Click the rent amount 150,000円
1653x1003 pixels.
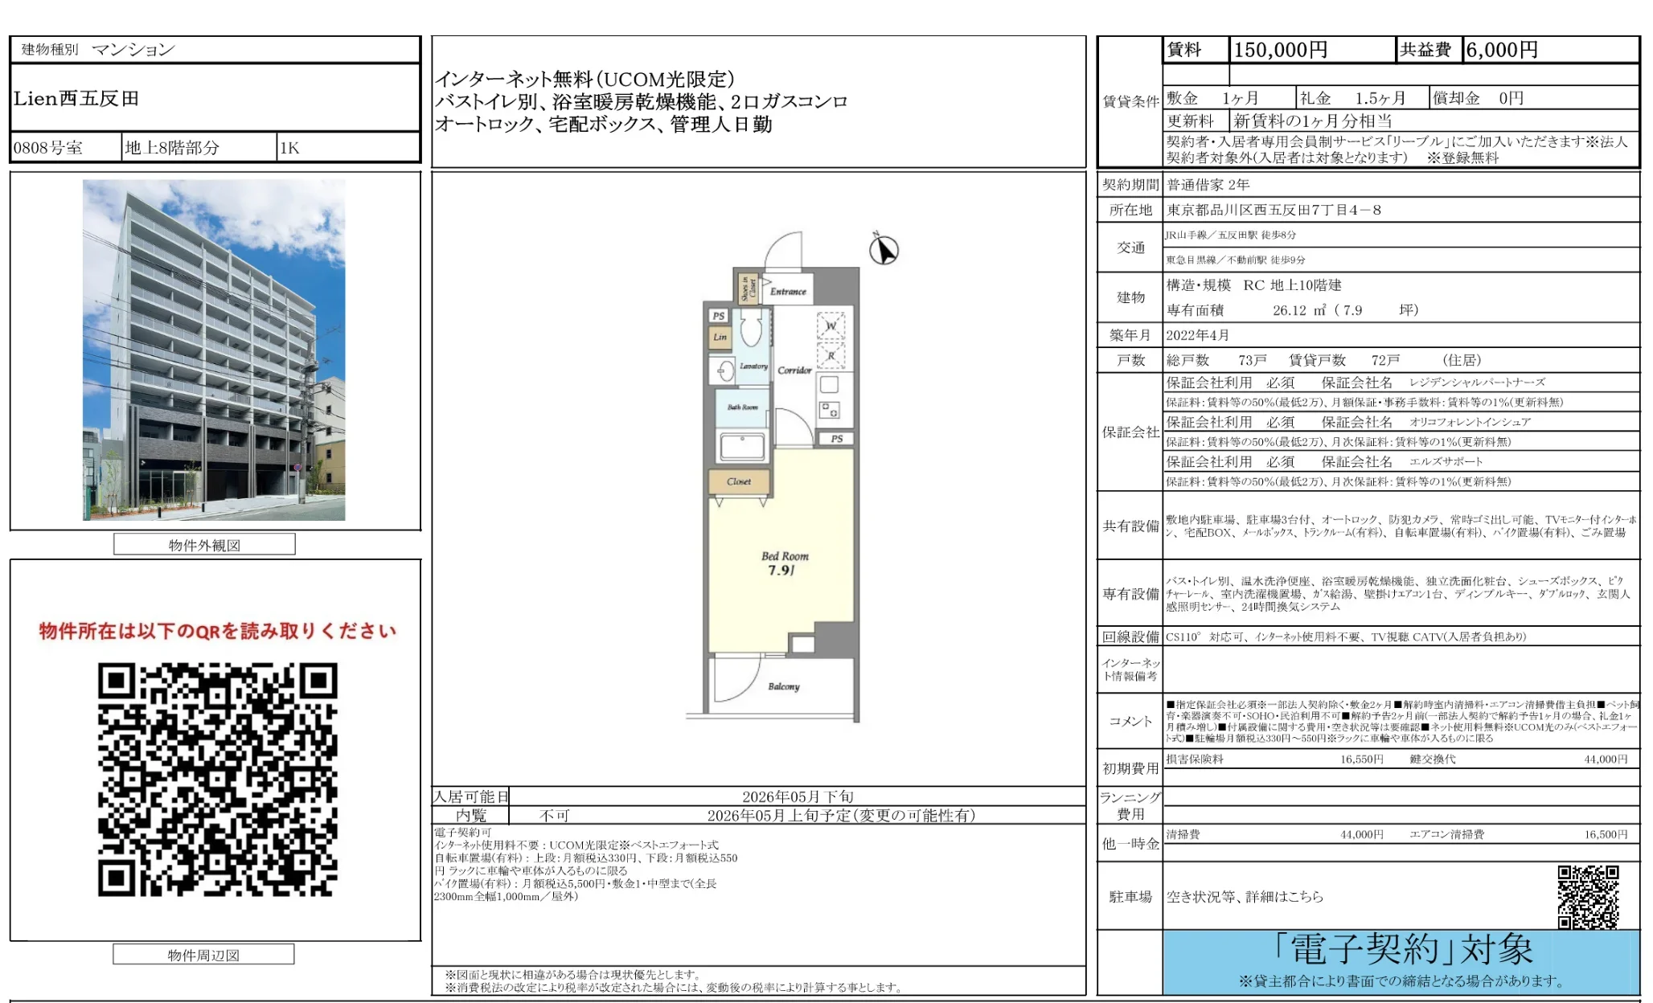coord(1280,50)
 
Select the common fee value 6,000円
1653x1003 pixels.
coord(1501,50)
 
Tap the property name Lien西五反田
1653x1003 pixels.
coord(76,99)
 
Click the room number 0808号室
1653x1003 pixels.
coord(48,148)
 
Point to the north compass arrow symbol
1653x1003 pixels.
coord(884,249)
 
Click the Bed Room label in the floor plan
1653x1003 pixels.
coord(784,556)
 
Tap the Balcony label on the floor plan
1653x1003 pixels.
coord(783,686)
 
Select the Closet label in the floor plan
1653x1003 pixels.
coord(738,481)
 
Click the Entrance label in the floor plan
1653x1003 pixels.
coord(787,292)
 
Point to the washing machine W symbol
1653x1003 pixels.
coord(831,325)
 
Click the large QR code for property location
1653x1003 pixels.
coord(217,779)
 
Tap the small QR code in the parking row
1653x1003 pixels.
coord(1587,896)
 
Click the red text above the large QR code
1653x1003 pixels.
coord(217,631)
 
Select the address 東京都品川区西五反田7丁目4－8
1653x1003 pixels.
coord(1274,210)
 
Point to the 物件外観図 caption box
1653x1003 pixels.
coord(204,545)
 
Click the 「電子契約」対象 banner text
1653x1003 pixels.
coord(1402,950)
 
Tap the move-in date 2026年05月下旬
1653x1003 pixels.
coord(797,796)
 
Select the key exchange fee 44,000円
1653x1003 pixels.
coord(1605,759)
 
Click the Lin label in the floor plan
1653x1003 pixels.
coord(720,337)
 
